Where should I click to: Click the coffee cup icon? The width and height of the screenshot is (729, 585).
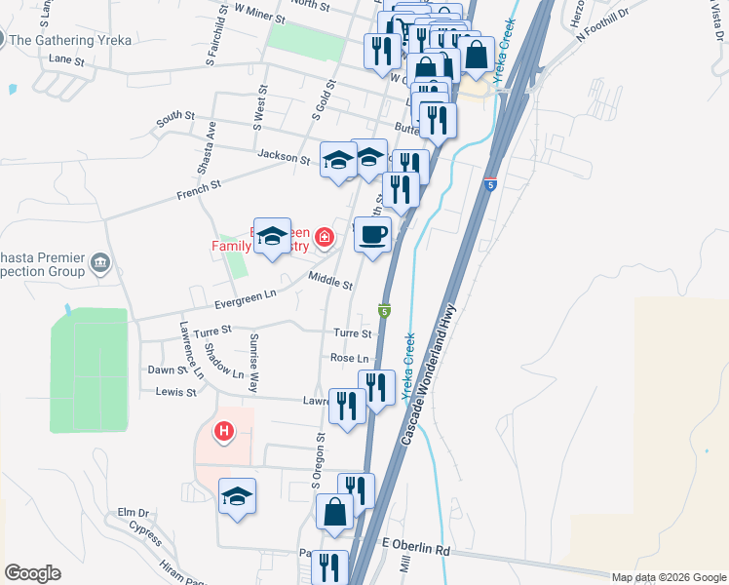coord(371,235)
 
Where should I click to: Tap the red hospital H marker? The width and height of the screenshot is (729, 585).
coord(225,430)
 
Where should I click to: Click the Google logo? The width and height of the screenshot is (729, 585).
coord(32,573)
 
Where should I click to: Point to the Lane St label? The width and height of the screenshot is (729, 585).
coord(67,59)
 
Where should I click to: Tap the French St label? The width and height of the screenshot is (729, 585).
coord(199,183)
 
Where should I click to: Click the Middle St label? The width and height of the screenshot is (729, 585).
coord(329,283)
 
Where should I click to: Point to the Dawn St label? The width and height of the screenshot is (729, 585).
coord(167,370)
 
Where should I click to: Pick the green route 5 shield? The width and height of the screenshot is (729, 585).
coord(386,310)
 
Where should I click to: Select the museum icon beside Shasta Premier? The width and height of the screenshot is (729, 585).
coord(100,262)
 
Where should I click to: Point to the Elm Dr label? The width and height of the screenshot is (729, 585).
coord(134,512)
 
